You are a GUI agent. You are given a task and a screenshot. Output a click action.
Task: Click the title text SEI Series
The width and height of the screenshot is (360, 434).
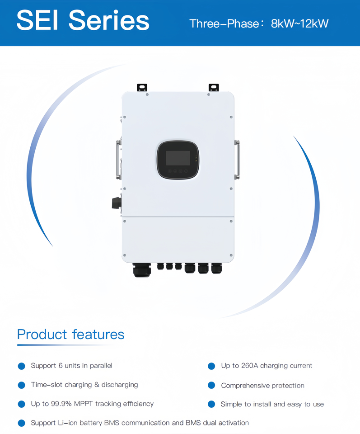83,20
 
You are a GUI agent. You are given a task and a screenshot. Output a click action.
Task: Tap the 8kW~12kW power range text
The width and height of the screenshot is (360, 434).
299,24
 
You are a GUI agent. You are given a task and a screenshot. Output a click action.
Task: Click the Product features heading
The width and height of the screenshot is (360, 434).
70,335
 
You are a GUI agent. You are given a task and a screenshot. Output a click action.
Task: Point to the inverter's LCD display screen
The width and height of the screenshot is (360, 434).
178,158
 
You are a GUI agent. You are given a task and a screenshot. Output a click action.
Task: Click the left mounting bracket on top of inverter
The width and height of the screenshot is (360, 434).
142,87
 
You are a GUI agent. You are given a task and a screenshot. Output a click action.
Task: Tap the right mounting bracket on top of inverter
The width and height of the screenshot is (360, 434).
213,87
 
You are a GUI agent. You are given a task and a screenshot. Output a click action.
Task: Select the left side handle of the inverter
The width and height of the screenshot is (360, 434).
119,159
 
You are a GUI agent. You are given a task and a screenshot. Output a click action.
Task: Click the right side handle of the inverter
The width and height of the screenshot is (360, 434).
237,159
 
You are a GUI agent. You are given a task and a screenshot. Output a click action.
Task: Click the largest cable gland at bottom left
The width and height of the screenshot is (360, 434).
141,270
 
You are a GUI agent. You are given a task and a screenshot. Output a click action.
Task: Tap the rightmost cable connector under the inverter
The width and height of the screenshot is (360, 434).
216,269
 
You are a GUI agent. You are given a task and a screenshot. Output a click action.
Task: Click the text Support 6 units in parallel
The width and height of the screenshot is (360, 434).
71,365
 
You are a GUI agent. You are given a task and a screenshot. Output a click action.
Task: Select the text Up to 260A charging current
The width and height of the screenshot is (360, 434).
266,365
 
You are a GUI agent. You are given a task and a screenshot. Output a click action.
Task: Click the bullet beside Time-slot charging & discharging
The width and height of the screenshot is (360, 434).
21,385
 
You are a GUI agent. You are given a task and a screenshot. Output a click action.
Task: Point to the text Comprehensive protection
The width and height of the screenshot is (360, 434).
262,386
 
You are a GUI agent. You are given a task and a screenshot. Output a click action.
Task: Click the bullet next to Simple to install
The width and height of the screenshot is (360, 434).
211,404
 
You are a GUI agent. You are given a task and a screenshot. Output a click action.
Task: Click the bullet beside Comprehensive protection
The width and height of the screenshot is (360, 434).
211,385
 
